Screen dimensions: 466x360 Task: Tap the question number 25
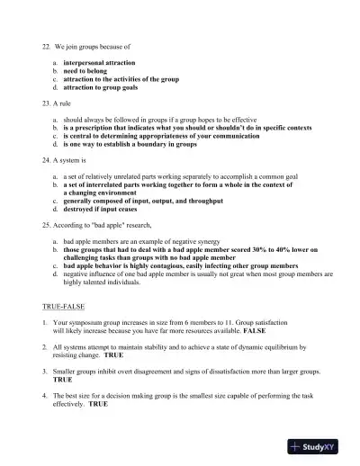click(x=46, y=224)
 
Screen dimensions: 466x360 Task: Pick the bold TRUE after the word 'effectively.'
click(x=97, y=404)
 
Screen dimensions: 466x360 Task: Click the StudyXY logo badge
click(x=319, y=445)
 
